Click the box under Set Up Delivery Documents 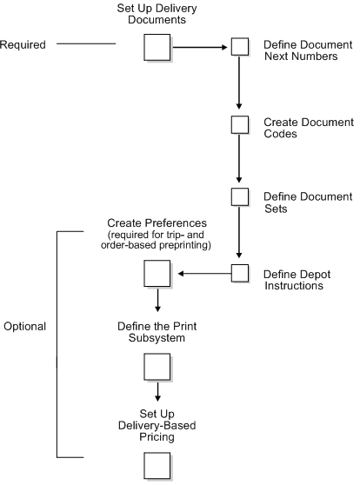156,46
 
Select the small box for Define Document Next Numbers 239,47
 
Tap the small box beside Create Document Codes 239,124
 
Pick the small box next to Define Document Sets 239,199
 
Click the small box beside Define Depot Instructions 239,274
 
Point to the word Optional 25,327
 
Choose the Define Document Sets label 307,203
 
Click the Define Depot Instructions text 302,279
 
